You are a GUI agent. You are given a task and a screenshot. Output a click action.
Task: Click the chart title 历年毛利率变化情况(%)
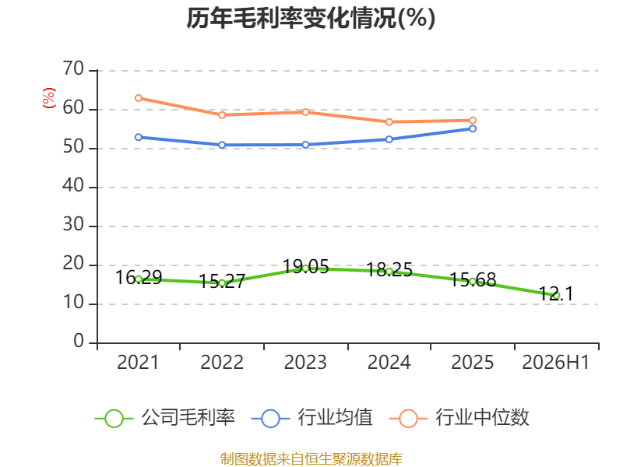click(x=311, y=18)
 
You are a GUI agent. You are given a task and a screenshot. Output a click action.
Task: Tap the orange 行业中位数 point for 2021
click(x=139, y=98)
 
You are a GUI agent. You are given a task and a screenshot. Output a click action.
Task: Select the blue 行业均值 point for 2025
click(x=473, y=128)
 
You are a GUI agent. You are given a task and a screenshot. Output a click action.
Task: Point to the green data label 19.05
click(x=305, y=266)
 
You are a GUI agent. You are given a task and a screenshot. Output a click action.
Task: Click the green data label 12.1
click(x=556, y=294)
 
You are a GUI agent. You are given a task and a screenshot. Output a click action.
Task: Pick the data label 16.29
click(x=139, y=277)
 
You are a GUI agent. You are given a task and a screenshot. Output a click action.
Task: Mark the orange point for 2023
click(x=305, y=112)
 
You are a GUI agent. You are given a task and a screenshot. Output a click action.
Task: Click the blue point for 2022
click(x=222, y=145)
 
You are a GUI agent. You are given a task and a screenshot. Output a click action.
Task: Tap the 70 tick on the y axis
click(x=73, y=69)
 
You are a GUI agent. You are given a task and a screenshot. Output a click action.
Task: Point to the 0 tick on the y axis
click(x=79, y=342)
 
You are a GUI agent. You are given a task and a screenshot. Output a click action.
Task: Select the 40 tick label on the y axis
click(x=73, y=186)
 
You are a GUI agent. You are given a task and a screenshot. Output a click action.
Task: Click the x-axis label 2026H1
click(x=555, y=363)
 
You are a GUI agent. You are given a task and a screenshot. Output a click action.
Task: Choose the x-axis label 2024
click(x=389, y=363)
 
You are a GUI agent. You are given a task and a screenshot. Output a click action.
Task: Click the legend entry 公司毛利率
click(x=165, y=418)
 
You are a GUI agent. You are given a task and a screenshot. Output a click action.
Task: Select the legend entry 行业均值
click(x=312, y=418)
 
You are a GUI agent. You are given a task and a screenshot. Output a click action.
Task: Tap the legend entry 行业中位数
click(x=459, y=418)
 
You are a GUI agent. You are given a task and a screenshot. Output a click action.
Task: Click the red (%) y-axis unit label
click(x=49, y=98)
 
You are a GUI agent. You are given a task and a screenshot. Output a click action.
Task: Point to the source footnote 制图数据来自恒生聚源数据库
click(x=311, y=459)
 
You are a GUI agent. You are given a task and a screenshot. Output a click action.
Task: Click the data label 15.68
click(x=473, y=280)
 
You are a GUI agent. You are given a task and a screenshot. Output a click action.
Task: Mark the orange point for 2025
click(x=473, y=121)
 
